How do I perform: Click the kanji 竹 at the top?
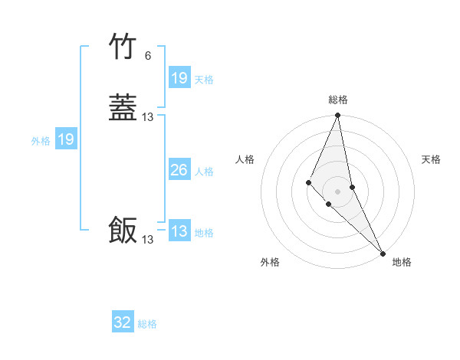[x=123, y=47]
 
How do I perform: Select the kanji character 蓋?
[x=123, y=107]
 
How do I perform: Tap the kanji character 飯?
[x=123, y=230]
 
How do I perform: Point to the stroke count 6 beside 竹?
[x=148, y=56]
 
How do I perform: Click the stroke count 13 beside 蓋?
[x=148, y=117]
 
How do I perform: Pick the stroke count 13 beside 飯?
[x=148, y=240]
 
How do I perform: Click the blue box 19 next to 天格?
[x=179, y=78]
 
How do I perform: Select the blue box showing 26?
[x=179, y=171]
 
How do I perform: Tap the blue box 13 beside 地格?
[x=179, y=231]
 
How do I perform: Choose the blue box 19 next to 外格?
[x=66, y=139]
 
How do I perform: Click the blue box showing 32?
[x=123, y=322]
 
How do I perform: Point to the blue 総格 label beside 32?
[x=147, y=324]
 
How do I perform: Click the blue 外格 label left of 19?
[x=41, y=141]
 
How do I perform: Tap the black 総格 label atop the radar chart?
[x=338, y=100]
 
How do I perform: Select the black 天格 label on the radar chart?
[x=432, y=159]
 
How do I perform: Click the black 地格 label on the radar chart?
[x=402, y=262]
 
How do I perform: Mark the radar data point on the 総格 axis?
[x=338, y=116]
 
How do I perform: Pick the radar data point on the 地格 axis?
[x=382, y=253]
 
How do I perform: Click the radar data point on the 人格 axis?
[x=308, y=182]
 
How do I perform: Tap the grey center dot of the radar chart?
[x=338, y=191]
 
